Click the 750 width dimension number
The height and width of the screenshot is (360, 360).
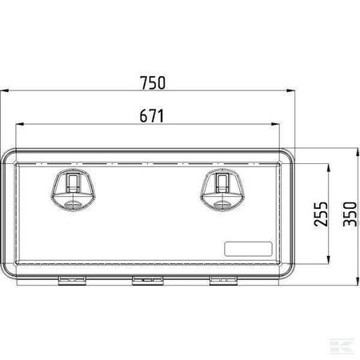tap(153, 82)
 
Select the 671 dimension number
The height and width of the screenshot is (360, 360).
tap(152, 116)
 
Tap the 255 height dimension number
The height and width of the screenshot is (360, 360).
tap(321, 214)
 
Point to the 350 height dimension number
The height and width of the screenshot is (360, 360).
tap(350, 214)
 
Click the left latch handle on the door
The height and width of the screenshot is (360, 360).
tap(73, 190)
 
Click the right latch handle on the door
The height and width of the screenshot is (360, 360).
tap(222, 190)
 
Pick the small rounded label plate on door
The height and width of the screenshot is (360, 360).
tap(248, 249)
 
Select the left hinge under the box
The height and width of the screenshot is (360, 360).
tap(72, 281)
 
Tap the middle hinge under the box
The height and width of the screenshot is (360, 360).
tap(147, 281)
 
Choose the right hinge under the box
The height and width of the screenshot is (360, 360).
tap(223, 281)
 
